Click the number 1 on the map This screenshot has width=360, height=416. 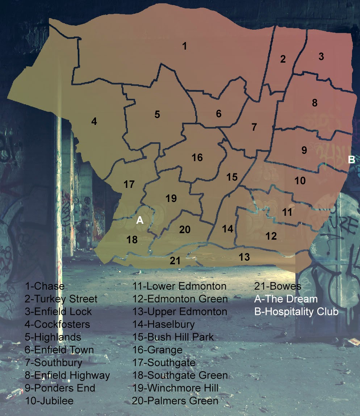pyautogui.click(x=185, y=46)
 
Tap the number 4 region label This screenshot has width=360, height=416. pyautogui.click(x=94, y=121)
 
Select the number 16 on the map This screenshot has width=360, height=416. pyautogui.click(x=197, y=157)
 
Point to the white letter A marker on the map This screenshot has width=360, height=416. pyautogui.click(x=140, y=220)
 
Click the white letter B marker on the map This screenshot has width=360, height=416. pyautogui.click(x=351, y=160)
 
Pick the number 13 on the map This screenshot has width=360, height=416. pyautogui.click(x=244, y=257)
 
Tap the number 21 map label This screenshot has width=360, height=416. pyautogui.click(x=175, y=261)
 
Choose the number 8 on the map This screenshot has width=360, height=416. pyautogui.click(x=315, y=103)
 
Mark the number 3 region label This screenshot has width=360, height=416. pyautogui.click(x=321, y=56)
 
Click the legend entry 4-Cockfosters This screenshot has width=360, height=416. pyautogui.click(x=57, y=324)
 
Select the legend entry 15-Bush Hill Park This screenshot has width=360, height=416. pyautogui.click(x=173, y=337)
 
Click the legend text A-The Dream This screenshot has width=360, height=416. pyautogui.click(x=286, y=299)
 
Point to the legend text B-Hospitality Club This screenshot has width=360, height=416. pyautogui.click(x=296, y=312)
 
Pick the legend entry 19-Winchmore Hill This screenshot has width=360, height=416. pyautogui.click(x=175, y=388)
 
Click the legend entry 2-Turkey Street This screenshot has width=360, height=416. pyautogui.click(x=61, y=299)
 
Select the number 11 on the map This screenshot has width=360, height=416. pyautogui.click(x=287, y=212)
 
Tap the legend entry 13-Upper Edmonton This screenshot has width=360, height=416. pyautogui.click(x=180, y=312)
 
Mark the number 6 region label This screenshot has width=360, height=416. pyautogui.click(x=218, y=114)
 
